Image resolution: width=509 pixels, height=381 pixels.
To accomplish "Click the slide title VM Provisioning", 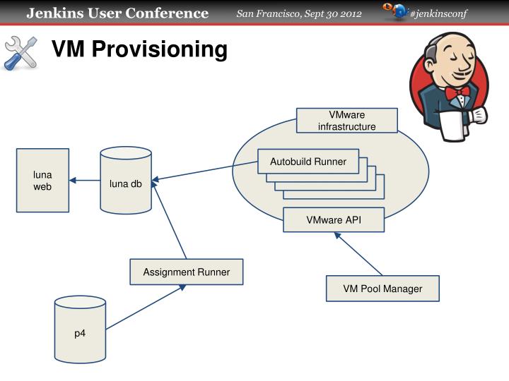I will pos(139,49).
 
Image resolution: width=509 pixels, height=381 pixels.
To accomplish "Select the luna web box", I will pos(42,180).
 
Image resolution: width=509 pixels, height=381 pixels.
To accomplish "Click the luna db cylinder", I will pos(126,181).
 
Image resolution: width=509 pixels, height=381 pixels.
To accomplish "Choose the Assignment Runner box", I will pos(186,272).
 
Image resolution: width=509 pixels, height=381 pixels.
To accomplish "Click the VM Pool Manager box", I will pos(382,289).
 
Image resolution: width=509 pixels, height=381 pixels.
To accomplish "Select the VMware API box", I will pos(334,219).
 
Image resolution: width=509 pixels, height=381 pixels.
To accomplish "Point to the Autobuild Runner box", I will pos(308,162).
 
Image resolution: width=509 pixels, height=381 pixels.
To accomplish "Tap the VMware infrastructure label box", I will pos(346,121).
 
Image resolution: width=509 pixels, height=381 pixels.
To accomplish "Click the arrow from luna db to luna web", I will pos(85,181).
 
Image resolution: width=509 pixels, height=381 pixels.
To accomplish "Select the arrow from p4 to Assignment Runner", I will pos(146,307).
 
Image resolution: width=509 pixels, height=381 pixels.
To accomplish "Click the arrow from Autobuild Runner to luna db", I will pos(205,173).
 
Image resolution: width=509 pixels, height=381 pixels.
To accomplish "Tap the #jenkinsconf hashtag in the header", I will pos(438,14).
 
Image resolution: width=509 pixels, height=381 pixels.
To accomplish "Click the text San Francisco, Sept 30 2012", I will pos(299,14).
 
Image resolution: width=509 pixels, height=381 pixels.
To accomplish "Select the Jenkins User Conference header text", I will pos(117,13).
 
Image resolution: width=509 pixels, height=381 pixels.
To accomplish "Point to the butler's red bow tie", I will pos(457,92).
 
